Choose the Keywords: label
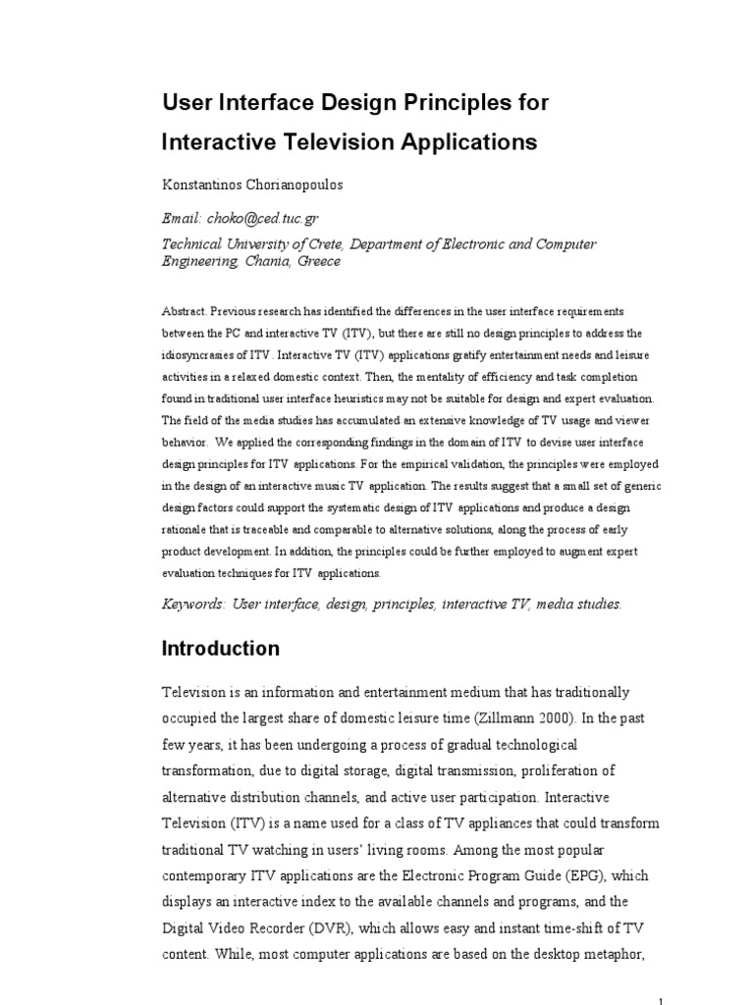(192, 605)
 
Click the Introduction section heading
(221, 649)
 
